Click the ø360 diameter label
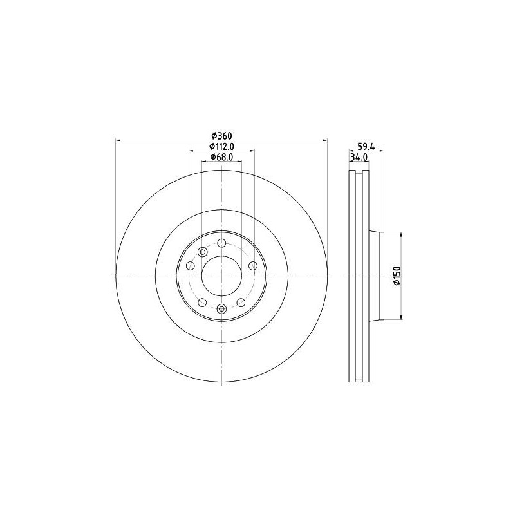221,136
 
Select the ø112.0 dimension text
221,147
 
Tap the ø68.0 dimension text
221,158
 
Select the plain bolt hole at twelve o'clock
221,243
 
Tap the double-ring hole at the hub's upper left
203,252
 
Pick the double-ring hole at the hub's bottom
221,308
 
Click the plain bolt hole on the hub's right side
252,266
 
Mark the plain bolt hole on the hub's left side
190,266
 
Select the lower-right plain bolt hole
241,302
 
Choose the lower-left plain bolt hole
201,302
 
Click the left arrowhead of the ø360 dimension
118,140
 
